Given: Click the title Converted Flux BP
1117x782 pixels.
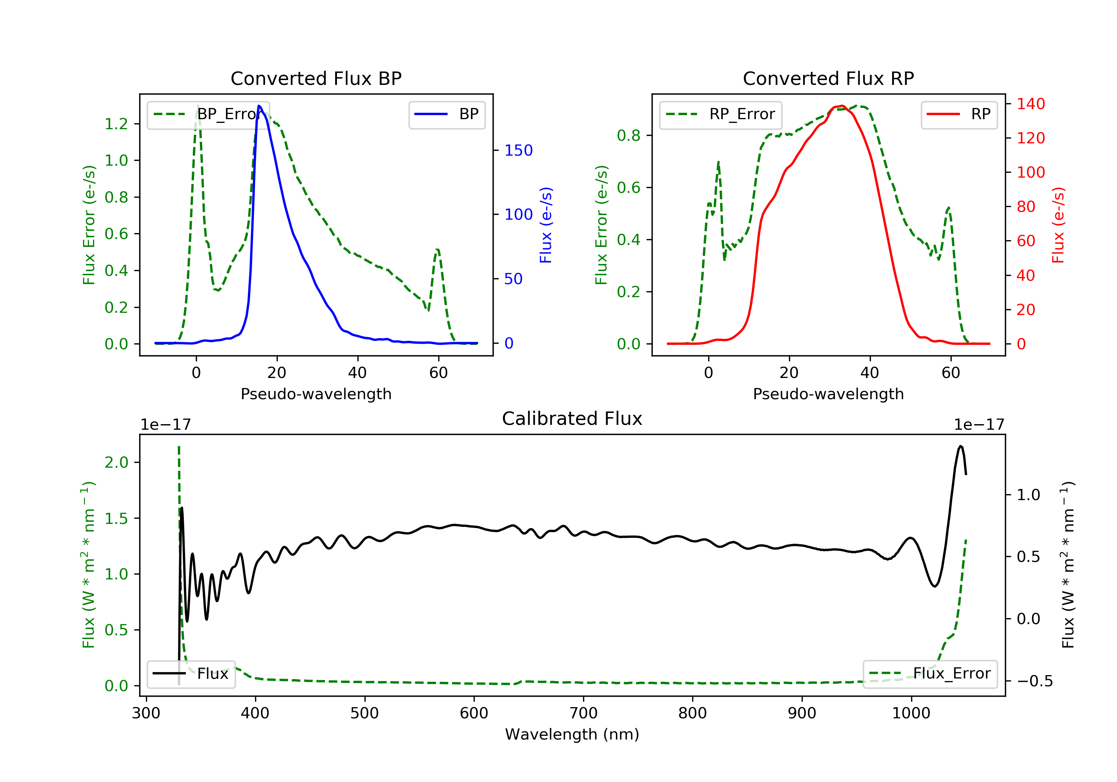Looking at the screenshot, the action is pos(316,78).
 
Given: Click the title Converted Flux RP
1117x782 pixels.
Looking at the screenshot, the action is pos(828,78).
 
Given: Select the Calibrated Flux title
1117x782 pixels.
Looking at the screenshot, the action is pos(572,419).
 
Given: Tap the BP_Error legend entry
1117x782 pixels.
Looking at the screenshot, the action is pos(208,114).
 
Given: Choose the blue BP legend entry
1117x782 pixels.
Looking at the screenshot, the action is pos(446,114).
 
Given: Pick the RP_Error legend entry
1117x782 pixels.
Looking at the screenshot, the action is pos(720,114).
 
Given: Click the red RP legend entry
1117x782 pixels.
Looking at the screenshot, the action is pos(959,114).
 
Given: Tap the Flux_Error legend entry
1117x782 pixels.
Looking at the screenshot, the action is pos(930,674).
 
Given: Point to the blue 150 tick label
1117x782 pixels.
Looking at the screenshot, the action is pos(519,150).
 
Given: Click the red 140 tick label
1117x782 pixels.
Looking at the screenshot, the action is pos(1031,104).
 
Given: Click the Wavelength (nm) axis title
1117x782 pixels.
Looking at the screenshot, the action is pos(572,734).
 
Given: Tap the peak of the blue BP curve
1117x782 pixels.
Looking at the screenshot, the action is pos(259,106).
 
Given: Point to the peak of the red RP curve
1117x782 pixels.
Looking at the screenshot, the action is pos(841,106).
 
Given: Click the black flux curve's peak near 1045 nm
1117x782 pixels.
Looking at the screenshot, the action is pos(960,446).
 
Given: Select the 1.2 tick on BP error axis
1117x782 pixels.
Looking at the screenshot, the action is pos(116,124).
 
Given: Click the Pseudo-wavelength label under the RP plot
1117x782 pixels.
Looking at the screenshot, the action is pos(828,394).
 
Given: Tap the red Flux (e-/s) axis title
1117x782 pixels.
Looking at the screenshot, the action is pos(1059,225).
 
